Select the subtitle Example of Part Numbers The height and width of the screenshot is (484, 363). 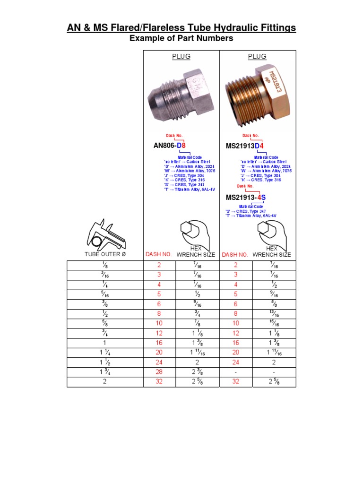(x=181, y=38)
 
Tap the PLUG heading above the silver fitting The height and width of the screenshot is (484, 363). (x=181, y=57)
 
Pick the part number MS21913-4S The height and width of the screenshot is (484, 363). (x=246, y=197)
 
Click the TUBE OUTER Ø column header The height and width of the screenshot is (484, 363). (x=105, y=254)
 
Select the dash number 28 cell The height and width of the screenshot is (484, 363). (x=159, y=372)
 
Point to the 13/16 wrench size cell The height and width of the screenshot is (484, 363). (x=274, y=314)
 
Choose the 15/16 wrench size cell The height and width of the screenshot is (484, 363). (x=274, y=324)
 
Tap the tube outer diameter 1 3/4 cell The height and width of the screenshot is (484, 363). (x=105, y=372)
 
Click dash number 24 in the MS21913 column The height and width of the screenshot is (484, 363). (x=236, y=362)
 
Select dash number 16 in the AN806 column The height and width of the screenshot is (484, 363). (x=159, y=343)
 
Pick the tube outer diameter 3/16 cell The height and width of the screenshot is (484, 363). (x=105, y=275)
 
